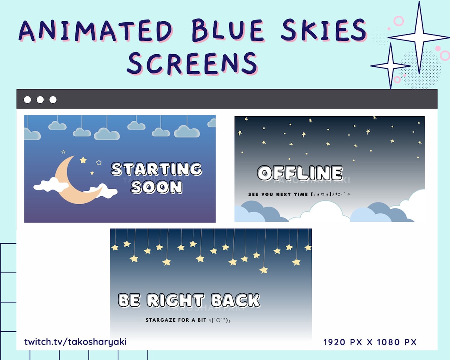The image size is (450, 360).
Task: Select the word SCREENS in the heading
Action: (x=192, y=63)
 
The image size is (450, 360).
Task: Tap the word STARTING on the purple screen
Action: (x=156, y=169)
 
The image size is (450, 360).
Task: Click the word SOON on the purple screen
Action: (x=156, y=187)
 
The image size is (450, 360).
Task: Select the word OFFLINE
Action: (x=300, y=173)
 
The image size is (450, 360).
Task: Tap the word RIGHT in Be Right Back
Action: (x=175, y=300)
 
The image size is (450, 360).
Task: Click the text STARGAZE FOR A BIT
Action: (x=175, y=320)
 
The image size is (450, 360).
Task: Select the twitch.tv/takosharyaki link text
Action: (x=75, y=342)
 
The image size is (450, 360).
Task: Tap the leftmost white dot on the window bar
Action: (x=27, y=100)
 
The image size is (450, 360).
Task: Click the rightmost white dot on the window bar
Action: (x=53, y=100)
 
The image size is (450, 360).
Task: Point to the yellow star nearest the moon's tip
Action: (x=83, y=160)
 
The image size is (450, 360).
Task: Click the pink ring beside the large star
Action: (x=399, y=20)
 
